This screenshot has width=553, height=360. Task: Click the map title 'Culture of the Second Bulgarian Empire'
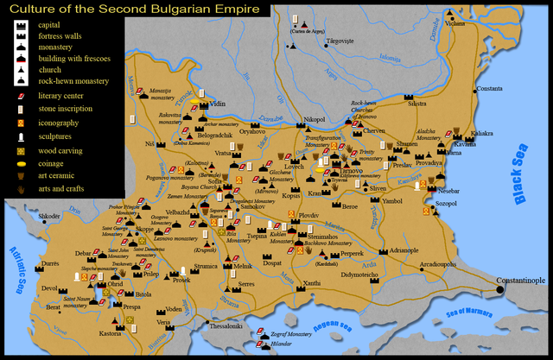(136, 10)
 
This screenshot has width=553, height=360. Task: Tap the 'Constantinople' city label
(521, 280)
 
